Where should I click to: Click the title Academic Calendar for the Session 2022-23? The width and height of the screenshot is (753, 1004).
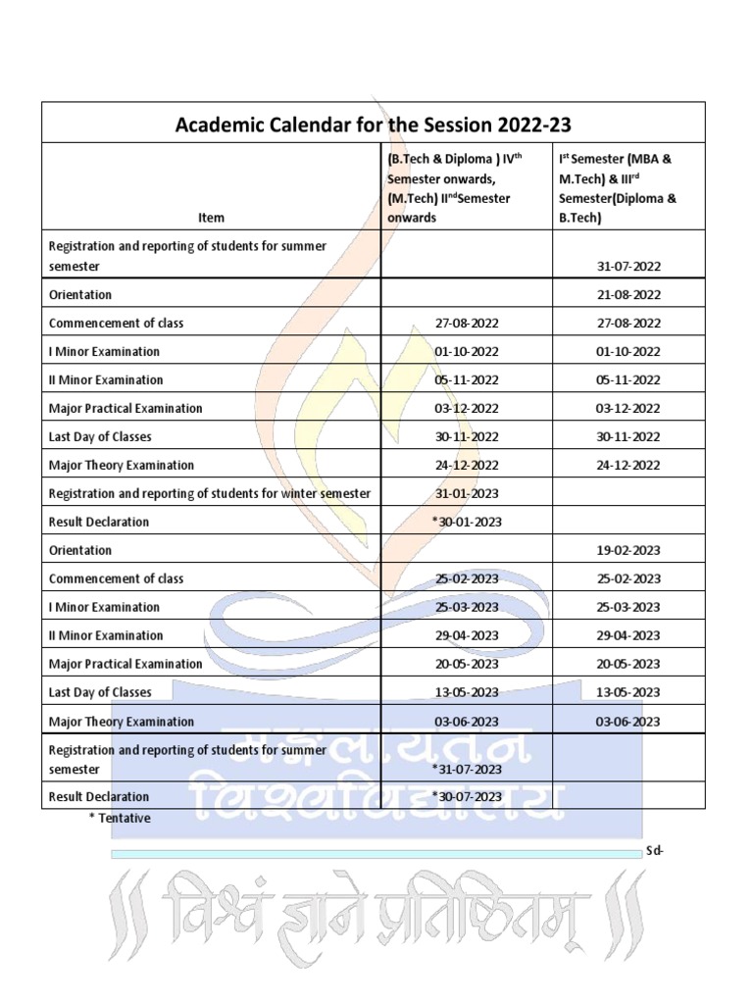point(373,125)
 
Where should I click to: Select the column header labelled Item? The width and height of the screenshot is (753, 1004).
point(211,218)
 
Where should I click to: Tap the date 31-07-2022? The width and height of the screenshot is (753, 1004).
point(628,267)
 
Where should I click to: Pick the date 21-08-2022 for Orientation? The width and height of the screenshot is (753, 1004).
point(628,295)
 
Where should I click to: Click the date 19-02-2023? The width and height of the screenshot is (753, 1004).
point(628,551)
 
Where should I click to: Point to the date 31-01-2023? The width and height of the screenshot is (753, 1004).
point(467,494)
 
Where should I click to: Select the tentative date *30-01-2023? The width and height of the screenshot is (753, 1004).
point(467,523)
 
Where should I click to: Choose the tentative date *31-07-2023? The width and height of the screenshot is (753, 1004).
point(467,769)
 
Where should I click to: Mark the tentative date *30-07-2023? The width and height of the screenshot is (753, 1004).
point(467,797)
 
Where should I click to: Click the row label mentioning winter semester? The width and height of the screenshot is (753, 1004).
point(210,494)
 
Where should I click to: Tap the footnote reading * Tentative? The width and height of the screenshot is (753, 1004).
point(120,818)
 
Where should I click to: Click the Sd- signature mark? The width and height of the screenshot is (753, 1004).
point(655,851)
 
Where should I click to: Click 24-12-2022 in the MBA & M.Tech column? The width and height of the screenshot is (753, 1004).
point(628,466)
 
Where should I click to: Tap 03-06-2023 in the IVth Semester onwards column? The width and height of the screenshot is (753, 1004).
point(467,722)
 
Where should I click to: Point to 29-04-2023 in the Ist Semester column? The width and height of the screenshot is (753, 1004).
point(628,636)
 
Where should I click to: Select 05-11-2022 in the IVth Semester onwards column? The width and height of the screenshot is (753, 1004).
point(467,380)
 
